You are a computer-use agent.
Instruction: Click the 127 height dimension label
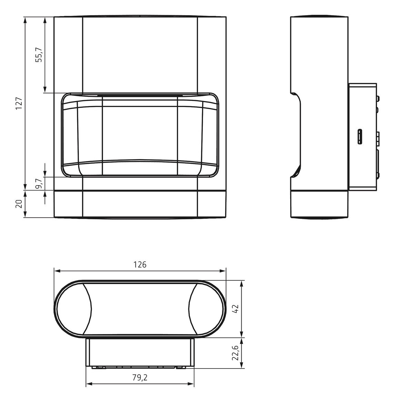[19, 103]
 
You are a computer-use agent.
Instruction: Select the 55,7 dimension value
[40, 55]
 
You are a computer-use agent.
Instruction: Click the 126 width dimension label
[140, 264]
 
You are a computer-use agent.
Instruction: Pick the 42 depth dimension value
[235, 309]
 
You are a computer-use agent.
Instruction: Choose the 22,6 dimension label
[235, 353]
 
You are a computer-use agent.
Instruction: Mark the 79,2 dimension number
[140, 378]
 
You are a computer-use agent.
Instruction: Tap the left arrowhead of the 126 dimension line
[57, 271]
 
